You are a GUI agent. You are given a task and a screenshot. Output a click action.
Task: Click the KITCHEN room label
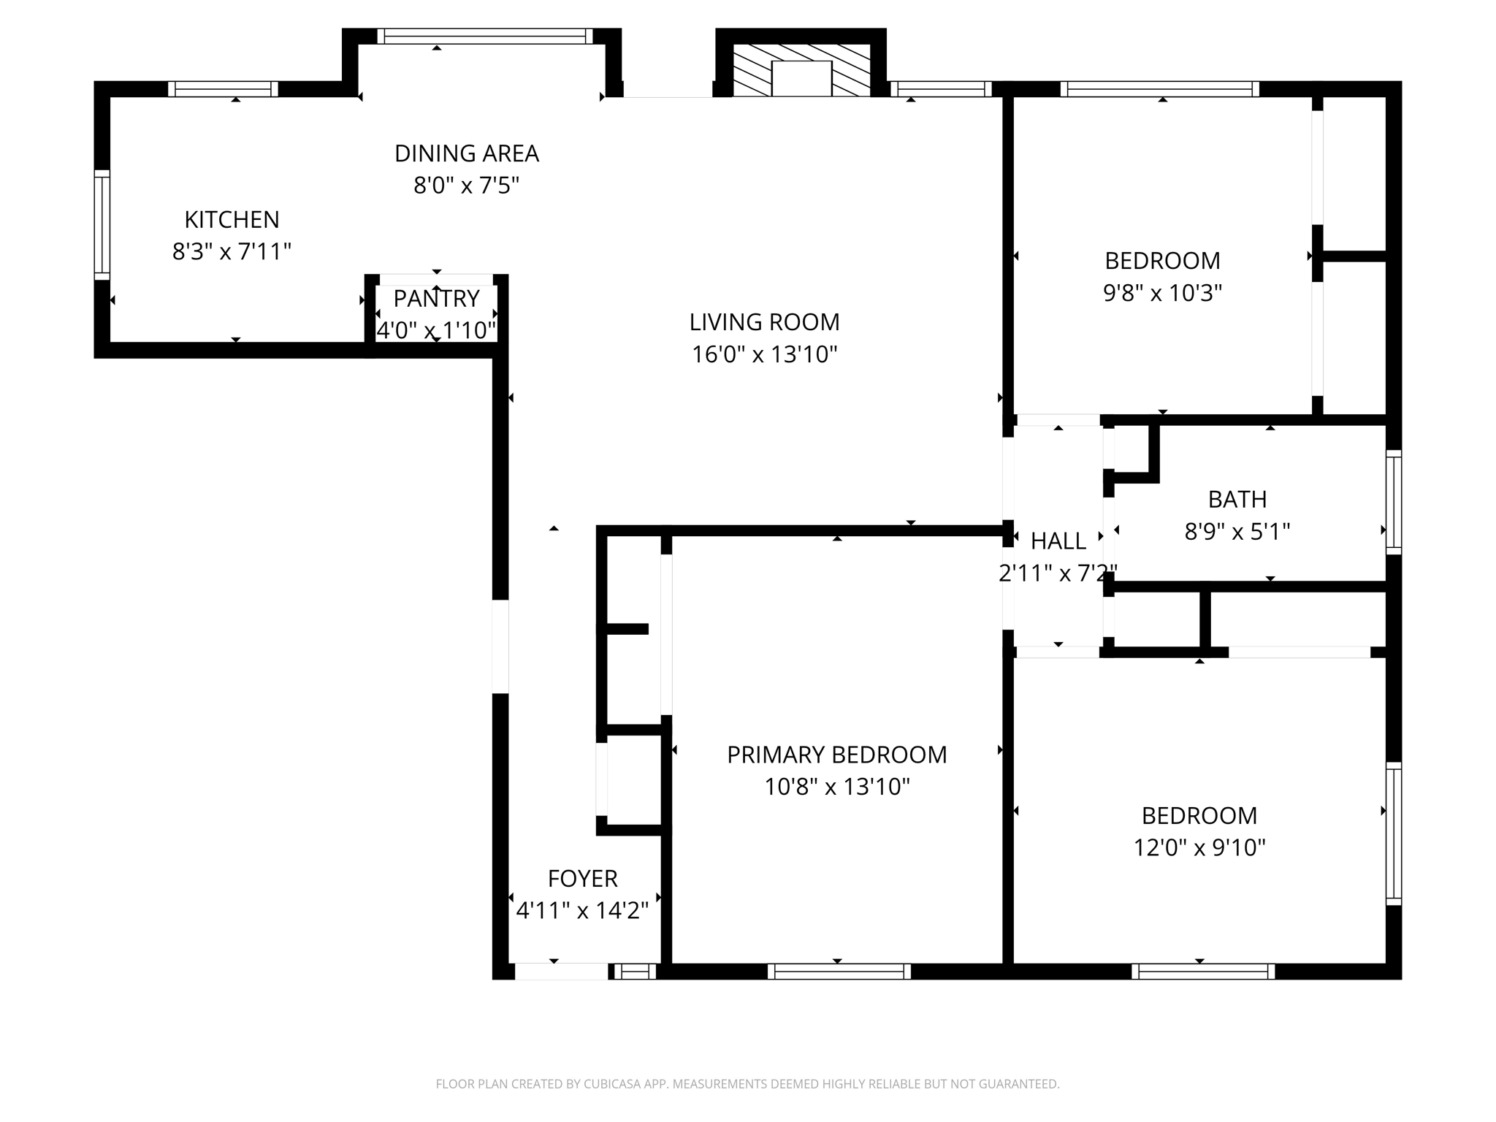(x=232, y=219)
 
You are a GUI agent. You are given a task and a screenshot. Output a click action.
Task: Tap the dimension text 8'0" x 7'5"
(x=466, y=186)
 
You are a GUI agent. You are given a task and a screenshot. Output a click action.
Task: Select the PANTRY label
(x=436, y=298)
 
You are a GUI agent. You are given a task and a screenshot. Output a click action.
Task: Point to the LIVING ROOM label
(x=764, y=321)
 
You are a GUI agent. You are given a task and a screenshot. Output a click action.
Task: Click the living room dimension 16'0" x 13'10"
(x=764, y=354)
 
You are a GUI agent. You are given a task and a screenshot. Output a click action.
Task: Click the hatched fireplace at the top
(x=801, y=71)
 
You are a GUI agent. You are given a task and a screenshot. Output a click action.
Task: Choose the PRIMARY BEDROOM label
(x=836, y=755)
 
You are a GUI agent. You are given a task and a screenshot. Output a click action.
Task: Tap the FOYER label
(x=582, y=878)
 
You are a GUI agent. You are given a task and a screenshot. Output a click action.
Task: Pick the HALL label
(x=1058, y=541)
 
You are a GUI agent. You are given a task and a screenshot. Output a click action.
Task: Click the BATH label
(x=1237, y=499)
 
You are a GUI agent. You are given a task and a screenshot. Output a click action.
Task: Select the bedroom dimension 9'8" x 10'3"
(x=1162, y=293)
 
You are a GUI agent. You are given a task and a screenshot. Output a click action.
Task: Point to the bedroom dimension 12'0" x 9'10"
(x=1199, y=847)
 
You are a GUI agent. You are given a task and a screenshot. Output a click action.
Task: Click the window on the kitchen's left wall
(x=102, y=225)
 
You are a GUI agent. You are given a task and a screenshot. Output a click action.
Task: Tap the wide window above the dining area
(x=485, y=36)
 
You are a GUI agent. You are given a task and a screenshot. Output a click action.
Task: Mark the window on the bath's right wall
(x=1394, y=501)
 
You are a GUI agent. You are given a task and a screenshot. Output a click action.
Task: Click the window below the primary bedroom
(x=839, y=972)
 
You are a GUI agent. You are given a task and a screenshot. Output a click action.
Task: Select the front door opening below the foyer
(x=561, y=972)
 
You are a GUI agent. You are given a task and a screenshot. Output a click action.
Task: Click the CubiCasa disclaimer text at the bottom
(x=747, y=1084)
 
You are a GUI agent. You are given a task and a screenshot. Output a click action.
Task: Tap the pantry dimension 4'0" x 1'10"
(x=436, y=330)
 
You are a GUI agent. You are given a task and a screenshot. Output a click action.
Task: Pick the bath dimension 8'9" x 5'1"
(x=1237, y=532)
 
